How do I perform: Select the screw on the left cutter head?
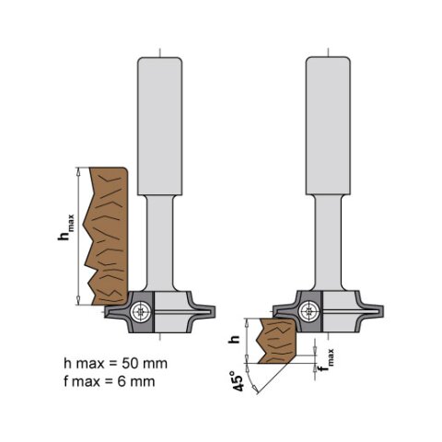pos(140,310)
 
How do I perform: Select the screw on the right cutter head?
pos(308,311)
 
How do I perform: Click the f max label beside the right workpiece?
pos(322,370)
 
